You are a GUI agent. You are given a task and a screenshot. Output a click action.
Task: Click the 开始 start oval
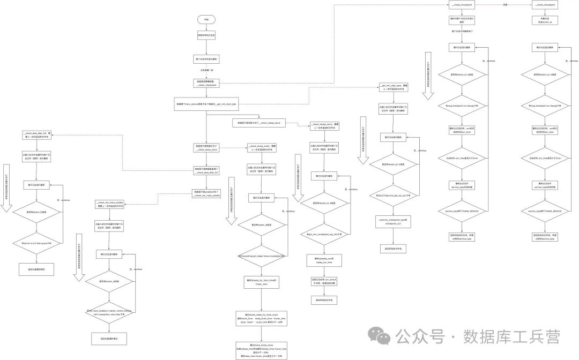tap(206, 19)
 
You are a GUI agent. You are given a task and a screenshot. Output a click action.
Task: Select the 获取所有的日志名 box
tap(206, 37)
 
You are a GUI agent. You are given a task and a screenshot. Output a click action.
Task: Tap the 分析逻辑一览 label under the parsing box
tap(206, 70)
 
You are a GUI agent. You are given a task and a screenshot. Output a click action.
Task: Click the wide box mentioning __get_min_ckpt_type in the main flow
tap(206, 104)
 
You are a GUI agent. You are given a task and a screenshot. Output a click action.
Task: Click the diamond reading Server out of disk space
tap(36, 243)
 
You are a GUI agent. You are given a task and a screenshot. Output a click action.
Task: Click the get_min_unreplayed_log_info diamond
tap(324, 234)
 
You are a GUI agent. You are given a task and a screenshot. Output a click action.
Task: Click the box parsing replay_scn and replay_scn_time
tap(324, 261)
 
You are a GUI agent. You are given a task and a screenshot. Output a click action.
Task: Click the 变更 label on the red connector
tap(504, 5)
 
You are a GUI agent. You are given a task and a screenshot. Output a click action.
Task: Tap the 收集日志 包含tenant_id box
tap(544, 20)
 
